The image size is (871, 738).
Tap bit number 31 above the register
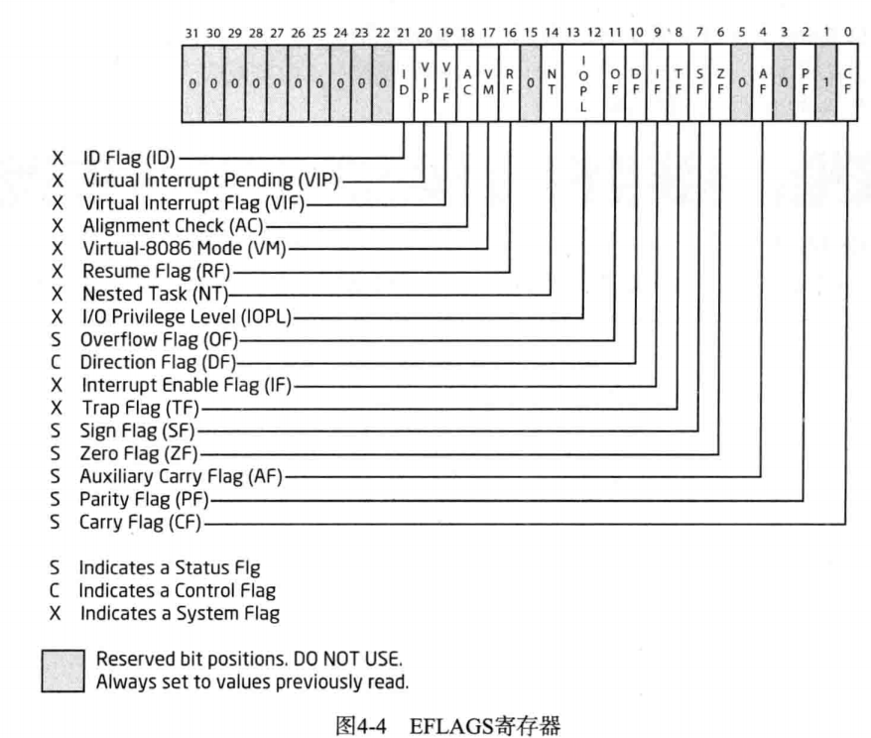pyautogui.click(x=192, y=33)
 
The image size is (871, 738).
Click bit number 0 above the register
pyautogui.click(x=847, y=33)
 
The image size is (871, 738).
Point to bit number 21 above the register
pyautogui.click(x=404, y=33)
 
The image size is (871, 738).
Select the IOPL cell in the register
pyautogui.click(x=584, y=84)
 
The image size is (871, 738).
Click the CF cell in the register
pyautogui.click(x=847, y=84)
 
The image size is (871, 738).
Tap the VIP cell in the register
pyautogui.click(x=426, y=84)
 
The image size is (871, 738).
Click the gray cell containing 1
pyautogui.click(x=825, y=84)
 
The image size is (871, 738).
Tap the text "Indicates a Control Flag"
pyautogui.click(x=180, y=590)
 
